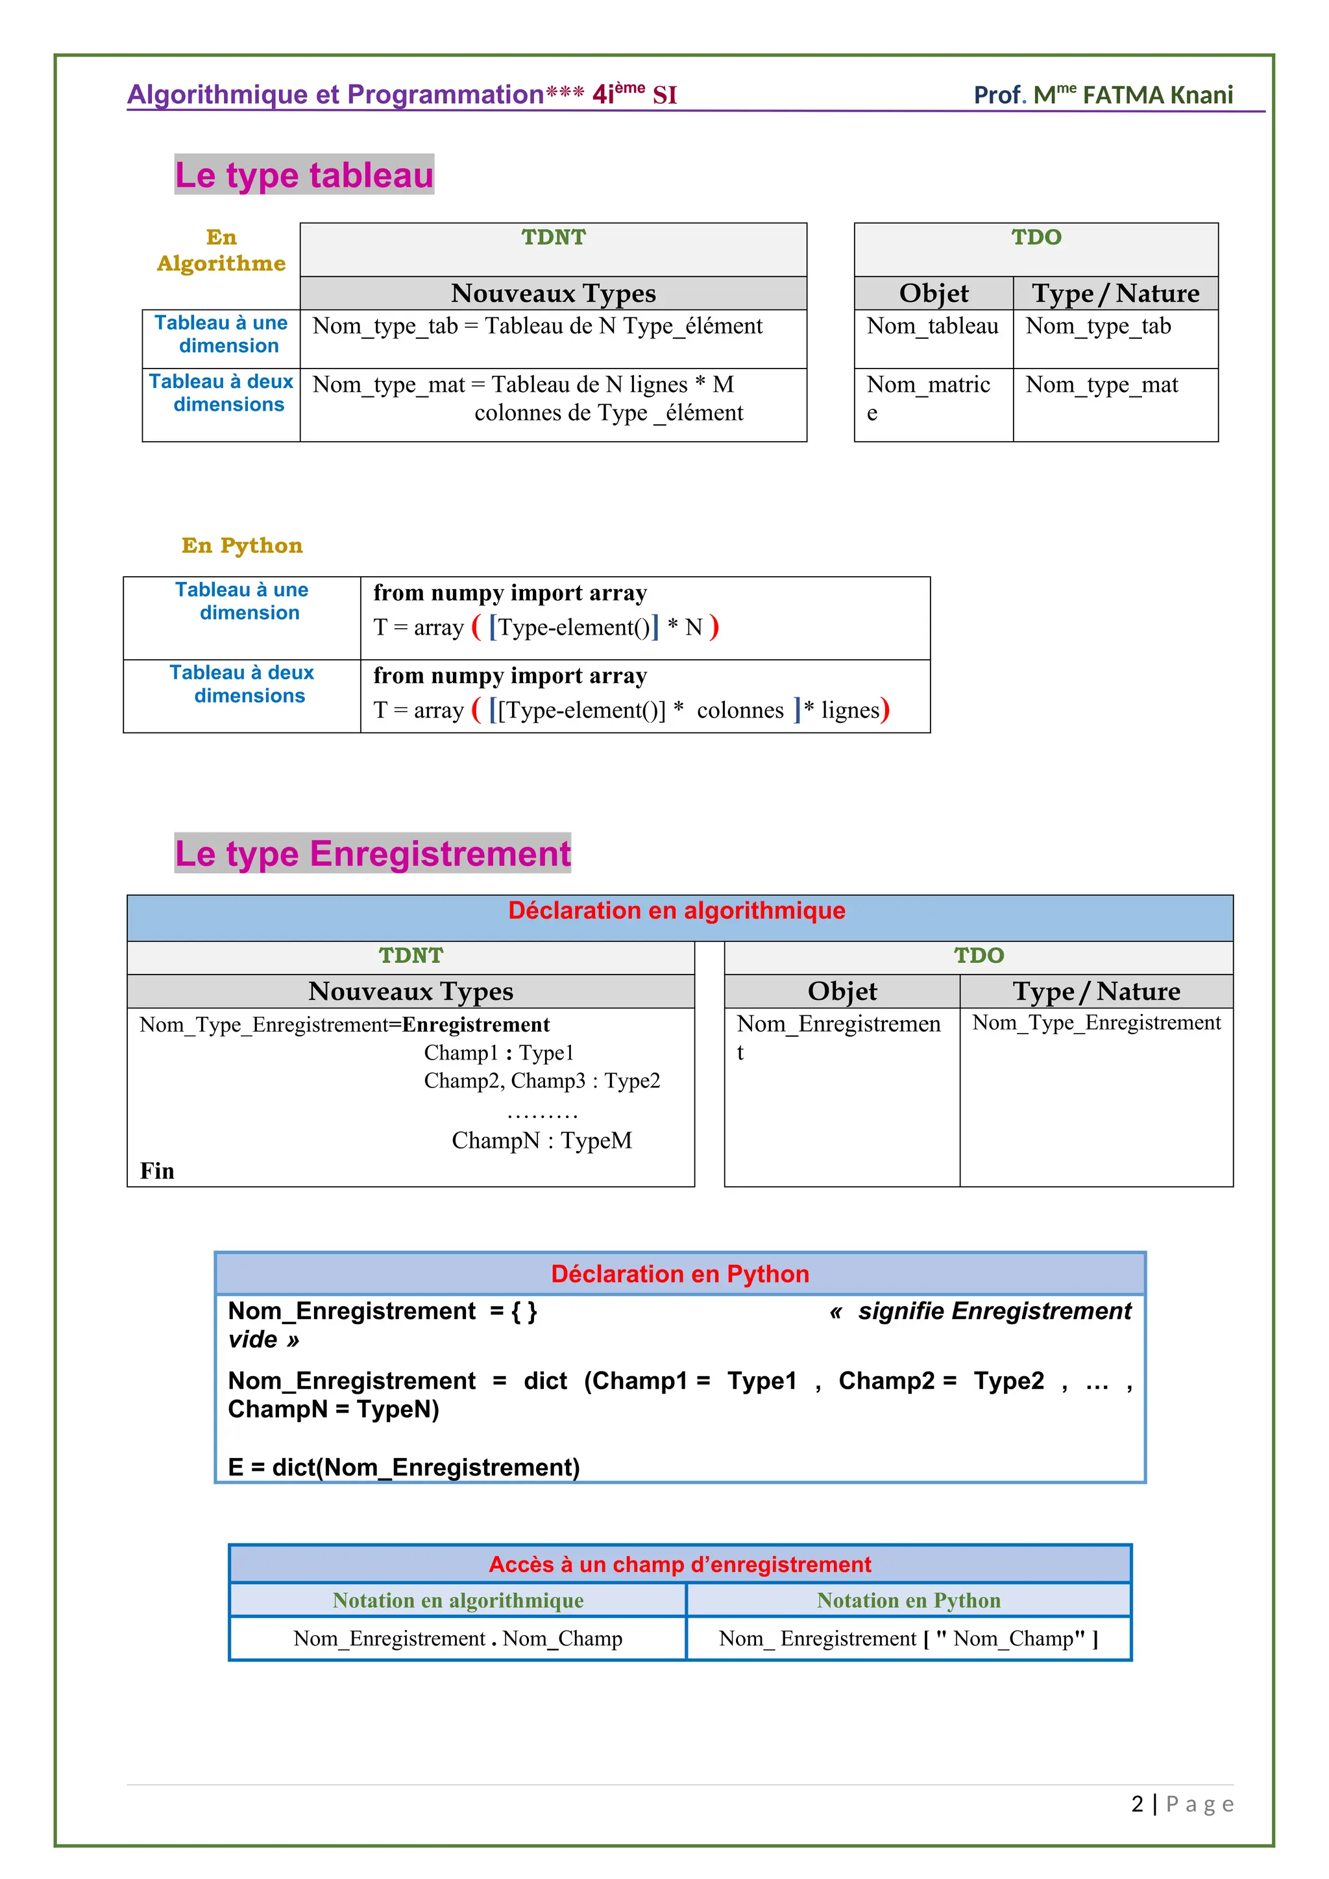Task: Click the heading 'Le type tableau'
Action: tap(304, 175)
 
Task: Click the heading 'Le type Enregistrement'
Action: tap(372, 854)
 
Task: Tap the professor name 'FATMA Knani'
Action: tap(1157, 95)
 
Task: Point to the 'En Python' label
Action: tap(242, 546)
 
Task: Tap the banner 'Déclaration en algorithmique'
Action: tap(677, 911)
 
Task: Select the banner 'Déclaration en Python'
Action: tap(680, 1274)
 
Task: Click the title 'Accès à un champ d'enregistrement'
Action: tap(680, 1565)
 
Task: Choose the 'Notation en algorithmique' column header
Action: tap(457, 1601)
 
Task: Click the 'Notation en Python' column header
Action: tap(908, 1601)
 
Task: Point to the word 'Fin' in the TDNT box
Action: tap(157, 1171)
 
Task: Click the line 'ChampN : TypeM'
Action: tap(542, 1141)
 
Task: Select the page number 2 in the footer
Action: tap(1137, 1804)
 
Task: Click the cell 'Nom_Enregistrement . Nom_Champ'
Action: tap(457, 1638)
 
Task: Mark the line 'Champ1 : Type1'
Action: tap(499, 1052)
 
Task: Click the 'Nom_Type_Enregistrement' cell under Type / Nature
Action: tap(1096, 1023)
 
